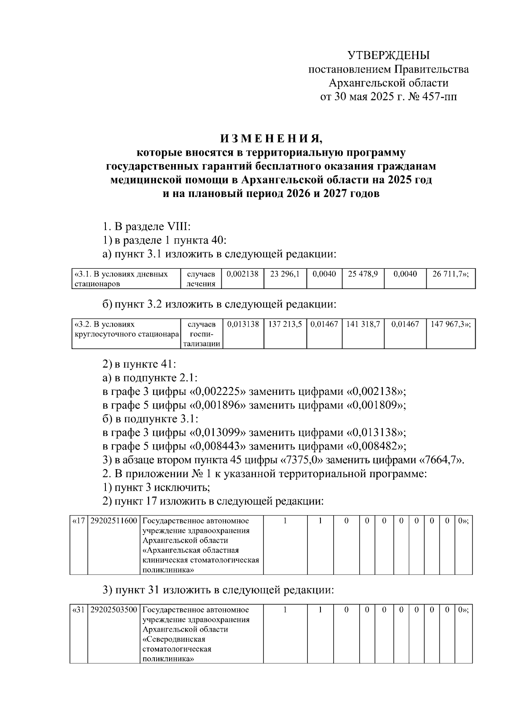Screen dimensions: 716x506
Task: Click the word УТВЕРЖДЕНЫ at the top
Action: [388, 55]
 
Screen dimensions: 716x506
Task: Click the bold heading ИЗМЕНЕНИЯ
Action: [270, 139]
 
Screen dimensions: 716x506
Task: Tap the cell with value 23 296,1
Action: [285, 274]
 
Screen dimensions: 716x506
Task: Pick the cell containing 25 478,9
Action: [363, 274]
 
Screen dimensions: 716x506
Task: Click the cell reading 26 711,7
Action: [450, 274]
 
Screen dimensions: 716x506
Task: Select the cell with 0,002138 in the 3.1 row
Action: [242, 274]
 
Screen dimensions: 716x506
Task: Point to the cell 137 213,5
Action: [285, 324]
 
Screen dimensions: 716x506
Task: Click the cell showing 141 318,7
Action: [363, 324]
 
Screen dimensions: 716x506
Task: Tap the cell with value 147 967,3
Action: [450, 324]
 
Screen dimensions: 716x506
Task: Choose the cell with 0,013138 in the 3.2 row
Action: [243, 324]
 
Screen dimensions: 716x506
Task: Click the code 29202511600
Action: [114, 521]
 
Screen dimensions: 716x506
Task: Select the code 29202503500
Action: [114, 610]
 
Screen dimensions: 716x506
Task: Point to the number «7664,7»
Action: [440, 460]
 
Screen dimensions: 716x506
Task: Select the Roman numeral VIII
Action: [179, 227]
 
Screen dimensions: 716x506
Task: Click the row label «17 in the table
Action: [78, 521]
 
